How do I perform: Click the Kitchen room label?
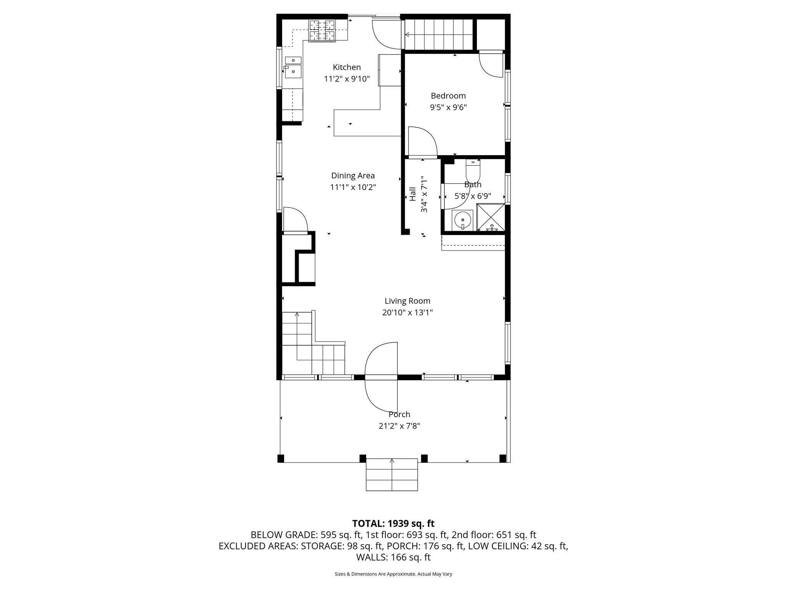click(x=347, y=67)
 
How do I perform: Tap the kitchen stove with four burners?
click(x=322, y=30)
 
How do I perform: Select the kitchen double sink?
click(x=293, y=67)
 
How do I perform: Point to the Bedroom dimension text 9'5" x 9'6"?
click(x=448, y=108)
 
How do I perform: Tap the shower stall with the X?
click(x=491, y=217)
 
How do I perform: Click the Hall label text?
click(x=413, y=194)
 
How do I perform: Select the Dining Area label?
click(x=353, y=176)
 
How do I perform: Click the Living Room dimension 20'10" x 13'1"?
click(x=407, y=313)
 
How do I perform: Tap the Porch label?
click(x=399, y=414)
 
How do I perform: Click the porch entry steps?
click(x=392, y=475)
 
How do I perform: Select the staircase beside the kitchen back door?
click(x=438, y=35)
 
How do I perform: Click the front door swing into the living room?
click(x=380, y=359)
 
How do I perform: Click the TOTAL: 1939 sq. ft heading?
click(x=393, y=523)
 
